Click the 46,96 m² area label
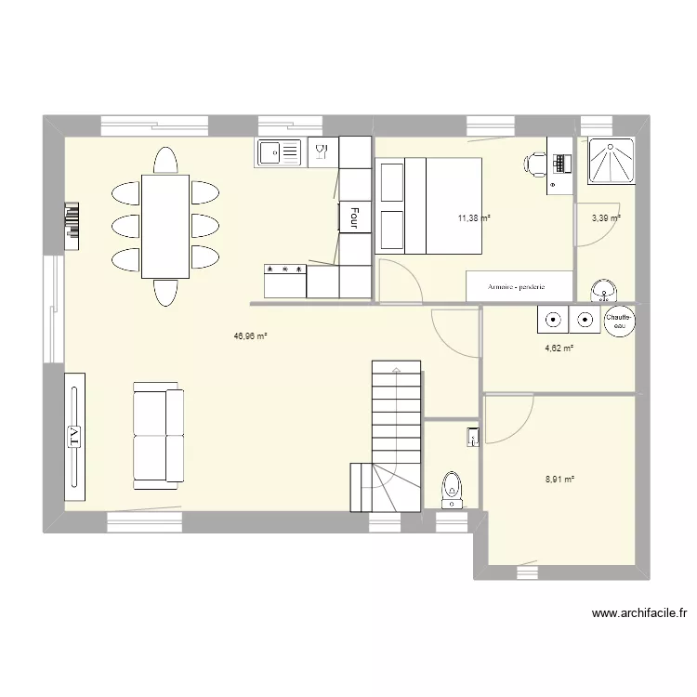click(x=250, y=337)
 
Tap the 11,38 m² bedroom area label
click(x=473, y=218)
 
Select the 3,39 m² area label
click(x=606, y=218)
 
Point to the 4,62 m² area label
click(x=559, y=348)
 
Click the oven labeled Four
click(x=353, y=217)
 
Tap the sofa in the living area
click(x=158, y=434)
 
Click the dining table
click(x=165, y=226)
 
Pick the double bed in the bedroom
click(x=428, y=205)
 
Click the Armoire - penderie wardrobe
click(x=518, y=287)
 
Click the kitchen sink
click(x=279, y=151)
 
